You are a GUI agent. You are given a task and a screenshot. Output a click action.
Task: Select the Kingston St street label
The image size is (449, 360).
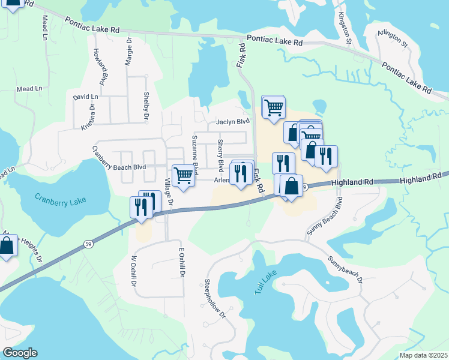click(x=345, y=28)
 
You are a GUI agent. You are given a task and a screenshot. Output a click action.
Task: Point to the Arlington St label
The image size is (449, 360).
click(x=394, y=40)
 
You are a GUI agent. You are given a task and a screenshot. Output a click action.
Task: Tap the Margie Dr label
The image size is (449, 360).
click(x=128, y=50)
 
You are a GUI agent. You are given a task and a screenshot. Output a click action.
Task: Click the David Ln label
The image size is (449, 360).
click(x=85, y=97)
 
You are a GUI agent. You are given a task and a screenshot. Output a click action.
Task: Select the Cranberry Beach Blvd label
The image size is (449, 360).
click(x=119, y=158)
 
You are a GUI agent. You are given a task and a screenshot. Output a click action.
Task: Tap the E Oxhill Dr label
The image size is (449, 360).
click(x=179, y=262)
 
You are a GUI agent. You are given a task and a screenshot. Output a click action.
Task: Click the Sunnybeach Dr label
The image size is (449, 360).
click(x=346, y=271)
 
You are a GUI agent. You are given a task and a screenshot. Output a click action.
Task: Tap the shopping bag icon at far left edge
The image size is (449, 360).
click(x=7, y=245)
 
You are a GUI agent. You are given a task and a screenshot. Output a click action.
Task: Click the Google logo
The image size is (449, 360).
click(x=20, y=353)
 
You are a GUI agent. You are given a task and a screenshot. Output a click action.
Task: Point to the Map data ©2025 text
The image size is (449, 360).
click(x=422, y=355)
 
